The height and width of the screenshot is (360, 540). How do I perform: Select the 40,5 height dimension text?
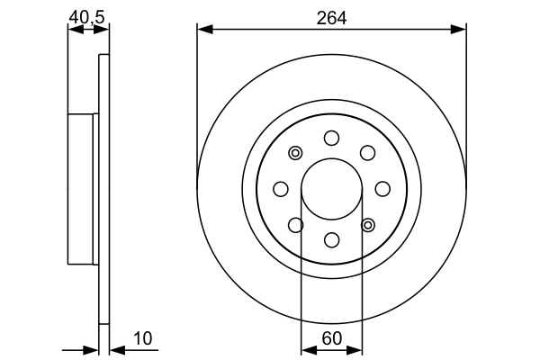[x=88, y=15]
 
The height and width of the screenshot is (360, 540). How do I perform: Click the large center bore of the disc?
[x=331, y=188]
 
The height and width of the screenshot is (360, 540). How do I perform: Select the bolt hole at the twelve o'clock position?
[x=331, y=138]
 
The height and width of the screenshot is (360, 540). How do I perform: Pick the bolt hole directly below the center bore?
[x=331, y=239]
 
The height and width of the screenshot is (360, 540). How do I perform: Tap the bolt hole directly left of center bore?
[x=280, y=188]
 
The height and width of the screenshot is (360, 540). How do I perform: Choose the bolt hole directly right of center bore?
[x=382, y=188]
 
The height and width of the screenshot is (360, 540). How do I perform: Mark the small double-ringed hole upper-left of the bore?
[x=295, y=152]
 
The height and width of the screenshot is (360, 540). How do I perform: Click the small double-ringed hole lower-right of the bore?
[x=367, y=224]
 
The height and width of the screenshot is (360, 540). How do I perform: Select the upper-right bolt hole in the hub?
[x=367, y=152]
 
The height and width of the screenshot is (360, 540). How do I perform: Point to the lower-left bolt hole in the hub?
[x=295, y=224]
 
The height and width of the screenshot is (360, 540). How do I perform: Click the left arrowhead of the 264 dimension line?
[x=203, y=30]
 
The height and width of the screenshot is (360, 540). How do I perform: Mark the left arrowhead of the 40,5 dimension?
[x=75, y=30]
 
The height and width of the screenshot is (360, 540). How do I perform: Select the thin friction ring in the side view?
[x=103, y=188]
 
